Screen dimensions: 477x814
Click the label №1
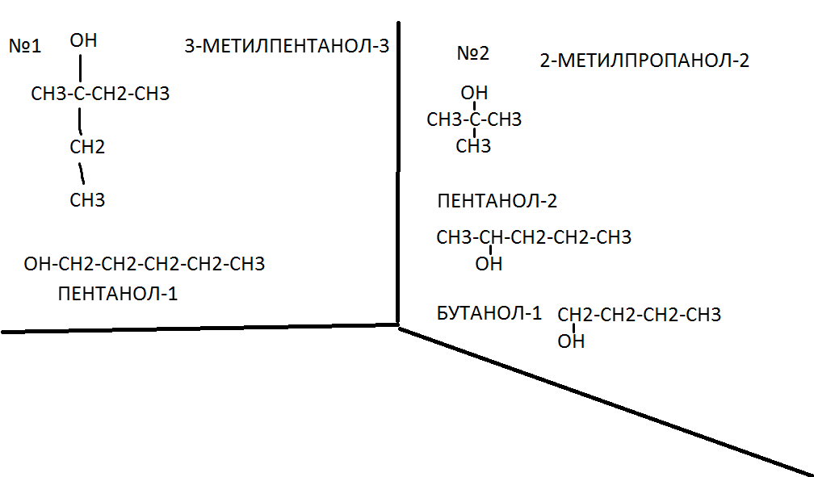(25, 46)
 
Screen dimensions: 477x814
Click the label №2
(473, 54)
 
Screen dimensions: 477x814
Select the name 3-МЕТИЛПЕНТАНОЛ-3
(287, 46)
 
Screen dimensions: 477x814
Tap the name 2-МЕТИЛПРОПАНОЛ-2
(644, 61)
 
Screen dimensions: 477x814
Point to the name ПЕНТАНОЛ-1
(118, 294)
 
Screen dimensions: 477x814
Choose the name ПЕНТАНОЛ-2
(497, 201)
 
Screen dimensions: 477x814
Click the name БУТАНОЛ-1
(489, 313)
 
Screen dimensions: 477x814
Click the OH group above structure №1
(83, 40)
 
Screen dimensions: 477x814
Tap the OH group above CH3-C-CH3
(474, 94)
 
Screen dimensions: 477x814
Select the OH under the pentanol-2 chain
(489, 264)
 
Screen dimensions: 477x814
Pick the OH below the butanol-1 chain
(571, 342)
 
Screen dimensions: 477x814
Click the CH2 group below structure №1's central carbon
(87, 147)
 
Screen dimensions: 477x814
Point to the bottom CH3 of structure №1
(87, 200)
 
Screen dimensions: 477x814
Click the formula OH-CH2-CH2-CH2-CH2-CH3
(145, 264)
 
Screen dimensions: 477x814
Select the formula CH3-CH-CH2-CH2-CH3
(534, 238)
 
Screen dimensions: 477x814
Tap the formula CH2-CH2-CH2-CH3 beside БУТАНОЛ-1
(639, 315)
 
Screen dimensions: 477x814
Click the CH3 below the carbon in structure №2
(473, 146)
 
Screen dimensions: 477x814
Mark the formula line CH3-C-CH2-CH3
(100, 94)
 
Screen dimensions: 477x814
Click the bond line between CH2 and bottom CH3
(81, 173)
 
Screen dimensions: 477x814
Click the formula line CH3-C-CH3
(474, 120)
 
